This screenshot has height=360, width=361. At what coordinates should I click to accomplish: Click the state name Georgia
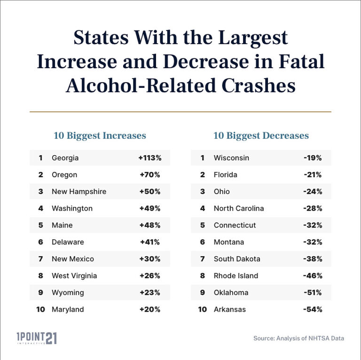coord(65,158)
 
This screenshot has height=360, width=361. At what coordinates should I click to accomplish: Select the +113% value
coord(150,158)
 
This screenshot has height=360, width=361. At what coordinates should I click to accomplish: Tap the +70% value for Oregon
coord(150,175)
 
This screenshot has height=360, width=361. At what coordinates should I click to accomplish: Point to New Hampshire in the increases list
coord(79,192)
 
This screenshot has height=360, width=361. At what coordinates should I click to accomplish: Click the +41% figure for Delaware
coord(150,242)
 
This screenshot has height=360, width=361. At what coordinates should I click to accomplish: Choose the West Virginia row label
coord(74,276)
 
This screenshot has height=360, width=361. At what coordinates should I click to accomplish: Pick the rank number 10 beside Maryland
coord(41,309)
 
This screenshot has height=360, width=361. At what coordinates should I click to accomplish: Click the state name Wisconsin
coord(231,158)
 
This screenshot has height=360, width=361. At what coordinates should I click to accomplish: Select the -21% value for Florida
coord(313,175)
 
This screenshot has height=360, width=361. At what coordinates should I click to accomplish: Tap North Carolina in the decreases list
coord(239,208)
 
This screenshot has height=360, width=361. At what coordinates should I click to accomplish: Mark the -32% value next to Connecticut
coord(313,225)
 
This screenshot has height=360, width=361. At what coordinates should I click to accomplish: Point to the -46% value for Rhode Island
coord(313,276)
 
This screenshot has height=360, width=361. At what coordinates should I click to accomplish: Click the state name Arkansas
coord(230,309)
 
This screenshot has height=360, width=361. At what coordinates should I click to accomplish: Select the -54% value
coord(313,309)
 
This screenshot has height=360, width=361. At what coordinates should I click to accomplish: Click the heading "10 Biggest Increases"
coord(100,136)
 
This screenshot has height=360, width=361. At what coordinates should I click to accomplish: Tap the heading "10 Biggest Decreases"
coord(261,136)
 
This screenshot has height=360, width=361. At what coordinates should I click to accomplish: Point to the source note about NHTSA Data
coord(298,338)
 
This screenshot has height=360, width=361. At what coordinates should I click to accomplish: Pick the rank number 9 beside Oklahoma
coord(203,292)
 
